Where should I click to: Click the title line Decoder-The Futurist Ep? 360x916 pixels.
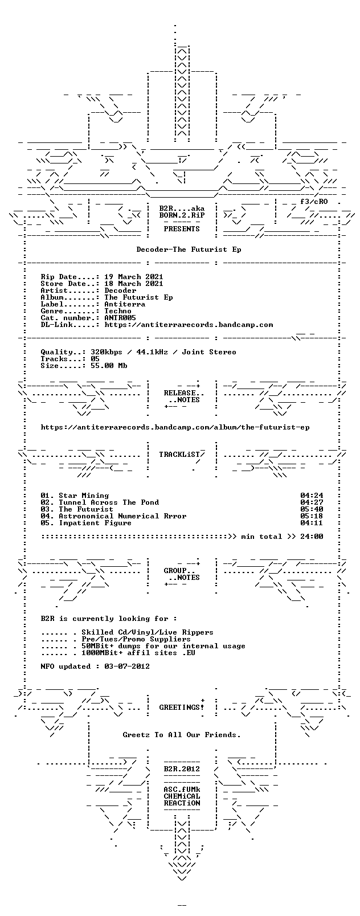pyautogui.click(x=189, y=250)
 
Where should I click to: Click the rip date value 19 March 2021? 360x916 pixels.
pyautogui.click(x=134, y=277)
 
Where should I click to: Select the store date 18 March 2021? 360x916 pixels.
pyautogui.click(x=134, y=284)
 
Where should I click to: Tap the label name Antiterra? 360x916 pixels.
pyautogui.click(x=125, y=304)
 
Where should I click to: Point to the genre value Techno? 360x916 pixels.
pyautogui.click(x=118, y=311)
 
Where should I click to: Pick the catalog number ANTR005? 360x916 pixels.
pyautogui.click(x=120, y=318)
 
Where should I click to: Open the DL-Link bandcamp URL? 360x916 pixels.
pyautogui.click(x=189, y=325)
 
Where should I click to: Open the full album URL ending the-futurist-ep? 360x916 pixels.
pyautogui.click(x=175, y=427)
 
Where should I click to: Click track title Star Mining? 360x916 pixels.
pyautogui.click(x=84, y=496)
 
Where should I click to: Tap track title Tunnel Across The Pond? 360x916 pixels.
pyautogui.click(x=109, y=502)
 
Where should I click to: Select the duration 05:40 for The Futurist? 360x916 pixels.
pyautogui.click(x=312, y=509)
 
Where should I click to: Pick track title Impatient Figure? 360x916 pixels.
pyautogui.click(x=95, y=523)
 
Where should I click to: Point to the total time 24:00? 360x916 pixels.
pyautogui.click(x=312, y=537)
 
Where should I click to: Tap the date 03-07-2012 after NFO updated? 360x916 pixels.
pyautogui.click(x=127, y=666)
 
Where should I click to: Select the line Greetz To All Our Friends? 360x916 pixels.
pyautogui.click(x=182, y=735)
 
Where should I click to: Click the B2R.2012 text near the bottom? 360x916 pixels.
pyautogui.click(x=182, y=769)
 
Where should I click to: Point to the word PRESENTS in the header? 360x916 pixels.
pyautogui.click(x=182, y=229)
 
